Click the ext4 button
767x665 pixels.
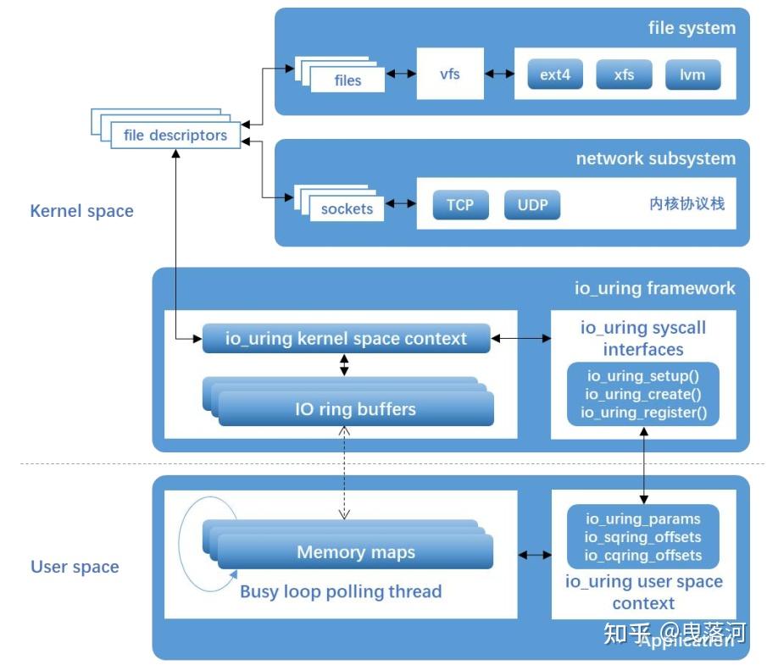556,75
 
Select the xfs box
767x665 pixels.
625,75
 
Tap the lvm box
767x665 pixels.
692,75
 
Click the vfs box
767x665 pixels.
450,75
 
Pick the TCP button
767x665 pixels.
460,205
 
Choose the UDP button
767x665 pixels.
532,205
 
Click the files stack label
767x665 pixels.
347,80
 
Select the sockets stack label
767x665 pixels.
347,208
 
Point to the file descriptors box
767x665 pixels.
175,135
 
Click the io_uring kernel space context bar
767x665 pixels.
346,339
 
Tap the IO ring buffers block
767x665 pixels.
355,409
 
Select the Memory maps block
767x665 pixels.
355,552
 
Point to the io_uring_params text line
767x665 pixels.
643,518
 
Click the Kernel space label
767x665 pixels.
82,211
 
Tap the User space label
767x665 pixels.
75,567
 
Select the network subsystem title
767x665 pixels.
656,158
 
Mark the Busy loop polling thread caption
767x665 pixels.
341,591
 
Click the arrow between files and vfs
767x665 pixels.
400,75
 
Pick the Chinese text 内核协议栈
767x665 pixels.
687,204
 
